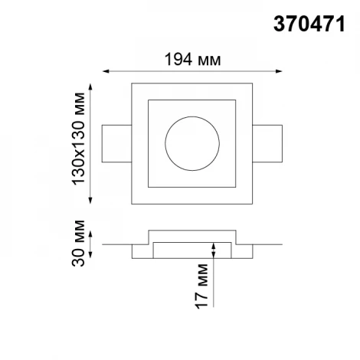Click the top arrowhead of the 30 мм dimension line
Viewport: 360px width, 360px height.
[x=92, y=233]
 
